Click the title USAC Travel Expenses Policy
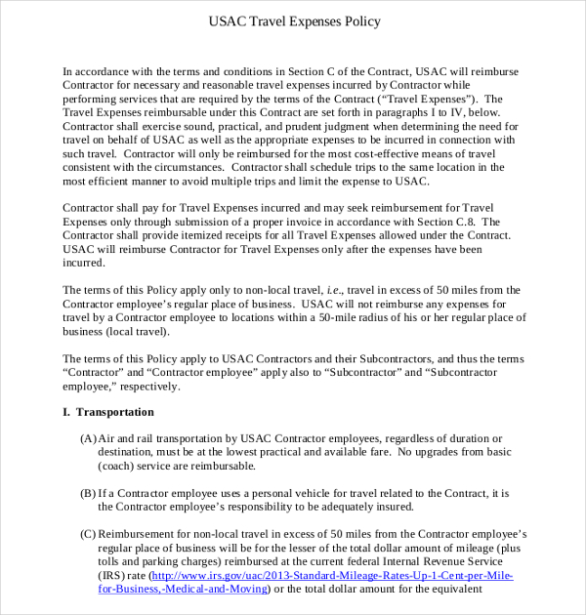[x=295, y=20]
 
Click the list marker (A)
[x=88, y=439]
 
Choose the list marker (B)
[x=88, y=494]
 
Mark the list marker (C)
[x=88, y=534]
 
